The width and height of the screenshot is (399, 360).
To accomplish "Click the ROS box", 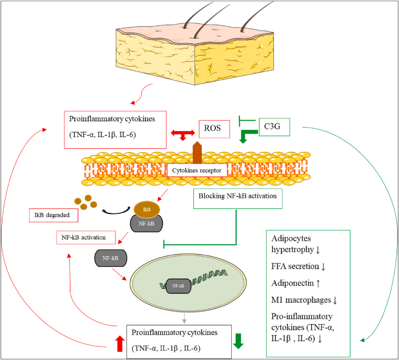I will (214, 129).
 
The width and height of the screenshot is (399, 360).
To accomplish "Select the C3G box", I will (274, 127).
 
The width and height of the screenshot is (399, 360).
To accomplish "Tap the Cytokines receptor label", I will (197, 170).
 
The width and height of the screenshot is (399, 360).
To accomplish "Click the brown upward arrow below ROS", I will (197, 152).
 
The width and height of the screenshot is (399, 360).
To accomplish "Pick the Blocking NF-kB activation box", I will (238, 198).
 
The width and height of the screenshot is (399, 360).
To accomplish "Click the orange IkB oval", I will (147, 209).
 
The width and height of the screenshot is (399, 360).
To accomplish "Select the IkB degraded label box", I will (53, 215).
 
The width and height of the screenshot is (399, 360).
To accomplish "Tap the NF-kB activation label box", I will (86, 237).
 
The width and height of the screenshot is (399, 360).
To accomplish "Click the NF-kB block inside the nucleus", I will (178, 286).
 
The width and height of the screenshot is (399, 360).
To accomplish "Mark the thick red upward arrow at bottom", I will (120, 344).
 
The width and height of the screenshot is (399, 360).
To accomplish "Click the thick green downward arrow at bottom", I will (238, 341).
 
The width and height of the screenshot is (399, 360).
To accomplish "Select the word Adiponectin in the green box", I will (293, 283).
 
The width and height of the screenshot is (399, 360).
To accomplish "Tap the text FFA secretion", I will (295, 266).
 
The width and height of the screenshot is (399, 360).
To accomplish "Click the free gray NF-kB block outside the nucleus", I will (111, 258).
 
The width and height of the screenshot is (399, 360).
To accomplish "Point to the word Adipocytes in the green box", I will (291, 238).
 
